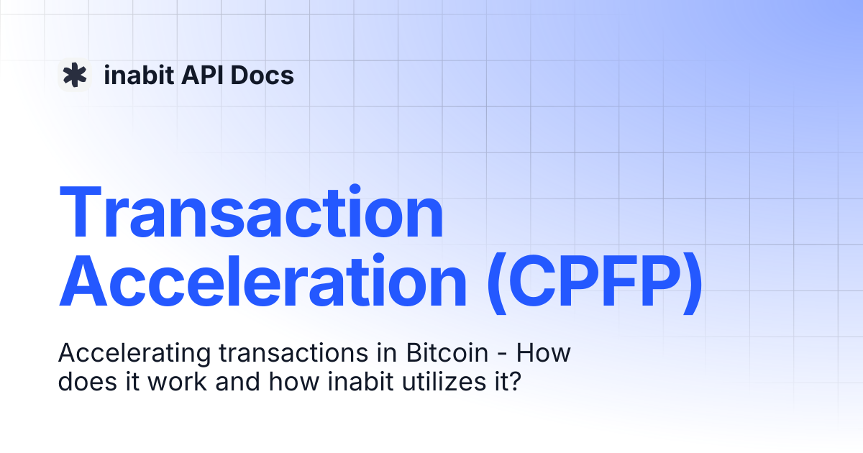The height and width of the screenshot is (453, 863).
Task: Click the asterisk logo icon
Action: pyautogui.click(x=74, y=75)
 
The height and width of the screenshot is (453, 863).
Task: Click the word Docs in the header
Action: pyautogui.click(x=262, y=75)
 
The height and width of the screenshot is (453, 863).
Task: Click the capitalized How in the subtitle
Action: pyautogui.click(x=544, y=354)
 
